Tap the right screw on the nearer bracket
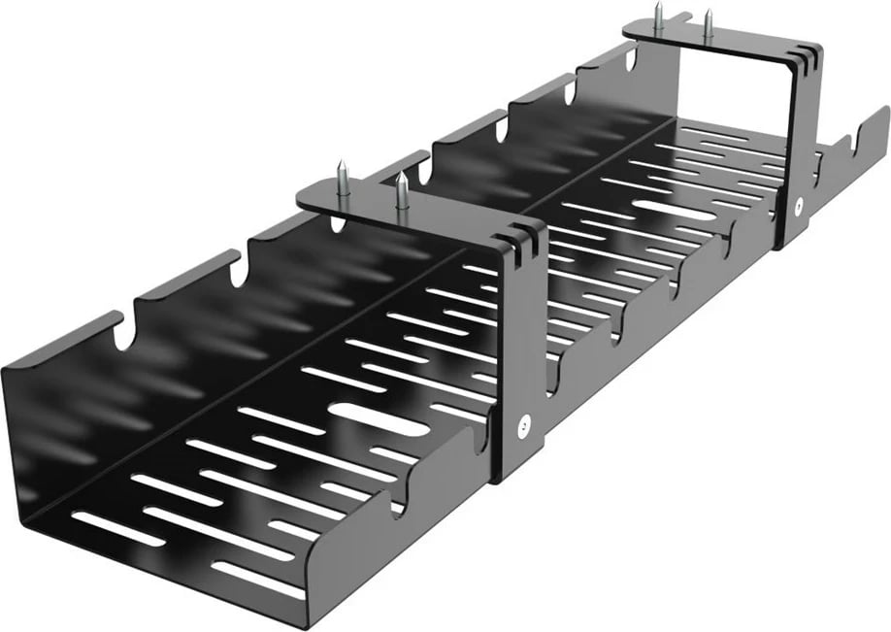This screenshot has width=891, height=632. click(x=402, y=192)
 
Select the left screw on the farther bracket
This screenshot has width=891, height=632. click(x=658, y=17)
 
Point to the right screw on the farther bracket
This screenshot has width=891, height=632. click(x=709, y=24)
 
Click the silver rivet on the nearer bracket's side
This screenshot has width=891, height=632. click(x=524, y=423)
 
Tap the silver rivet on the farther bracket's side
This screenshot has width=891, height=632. click(x=796, y=205)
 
